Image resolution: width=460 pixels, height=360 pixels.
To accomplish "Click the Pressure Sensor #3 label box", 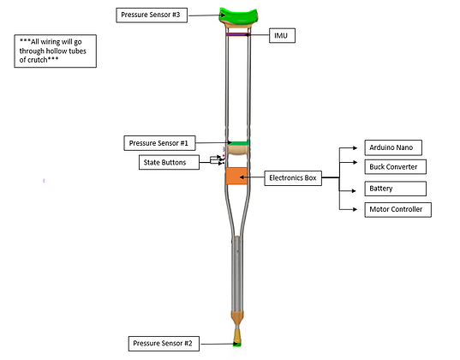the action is pos(152,15).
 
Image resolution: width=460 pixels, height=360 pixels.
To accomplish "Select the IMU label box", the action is pos(282,35).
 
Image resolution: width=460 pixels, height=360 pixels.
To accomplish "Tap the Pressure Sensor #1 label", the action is pos(159,143).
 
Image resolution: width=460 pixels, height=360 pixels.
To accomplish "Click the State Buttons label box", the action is pos(169,162).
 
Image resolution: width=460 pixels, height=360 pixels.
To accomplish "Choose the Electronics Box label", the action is pos(293,178).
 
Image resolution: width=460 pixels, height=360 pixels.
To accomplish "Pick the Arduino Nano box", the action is pos(393,147).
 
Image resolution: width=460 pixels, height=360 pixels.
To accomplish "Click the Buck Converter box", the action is pos(396,167).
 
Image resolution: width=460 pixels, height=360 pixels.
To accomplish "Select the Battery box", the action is pos(396,189).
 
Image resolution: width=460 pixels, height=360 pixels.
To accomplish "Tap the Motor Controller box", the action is pos(397,210).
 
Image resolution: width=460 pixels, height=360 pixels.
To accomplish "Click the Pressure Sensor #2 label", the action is pos(164,344).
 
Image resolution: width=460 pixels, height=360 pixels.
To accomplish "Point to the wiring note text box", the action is pos(55,51).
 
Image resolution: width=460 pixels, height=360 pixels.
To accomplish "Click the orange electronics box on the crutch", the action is pos(236,176).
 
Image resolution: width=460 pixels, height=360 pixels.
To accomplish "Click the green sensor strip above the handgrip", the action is pos(239,142).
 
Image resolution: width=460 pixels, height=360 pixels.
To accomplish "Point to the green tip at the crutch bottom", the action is pos(237,344).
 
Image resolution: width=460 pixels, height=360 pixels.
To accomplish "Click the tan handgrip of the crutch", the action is pos(238,150).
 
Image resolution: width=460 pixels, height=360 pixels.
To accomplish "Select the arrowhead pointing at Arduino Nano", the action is pos(355,148).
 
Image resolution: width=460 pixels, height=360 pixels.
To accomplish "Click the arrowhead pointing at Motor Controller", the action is pos(355,209).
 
